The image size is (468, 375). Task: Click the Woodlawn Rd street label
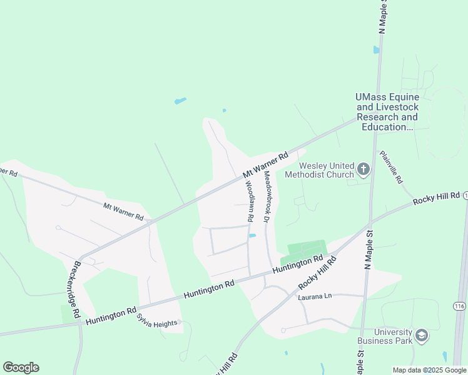(248, 202)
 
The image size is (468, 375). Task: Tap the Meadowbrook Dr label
(266, 197)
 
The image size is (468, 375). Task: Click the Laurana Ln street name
(313, 296)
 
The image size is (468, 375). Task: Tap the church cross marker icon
(363, 168)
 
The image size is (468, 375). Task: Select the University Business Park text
(385, 336)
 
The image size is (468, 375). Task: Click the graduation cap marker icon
(422, 336)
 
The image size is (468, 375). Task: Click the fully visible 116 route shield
(460, 306)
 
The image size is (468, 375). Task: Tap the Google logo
(21, 367)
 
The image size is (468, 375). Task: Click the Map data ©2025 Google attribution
(429, 370)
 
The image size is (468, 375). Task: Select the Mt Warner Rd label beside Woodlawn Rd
(265, 165)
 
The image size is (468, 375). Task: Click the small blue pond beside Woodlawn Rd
(252, 236)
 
